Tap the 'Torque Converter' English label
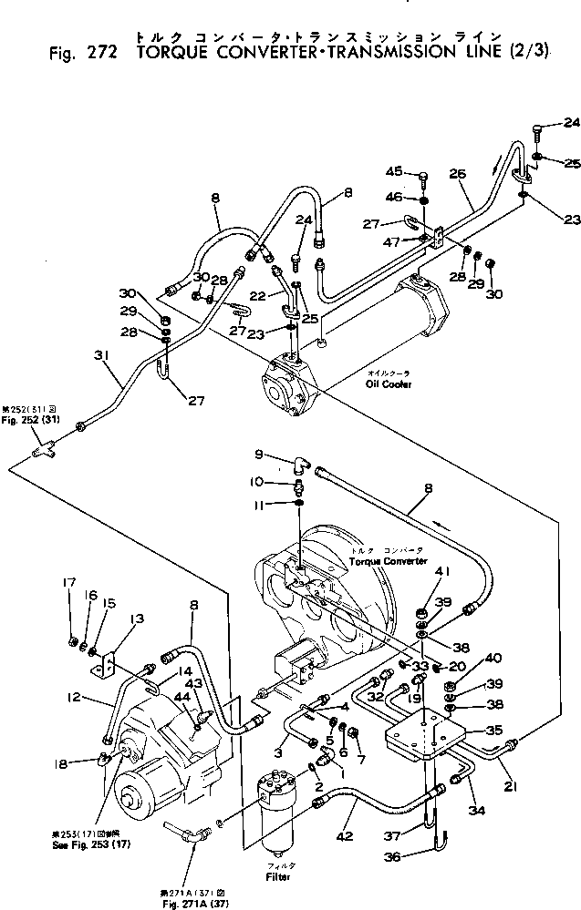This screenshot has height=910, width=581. click(388, 562)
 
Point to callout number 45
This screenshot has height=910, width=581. click(393, 171)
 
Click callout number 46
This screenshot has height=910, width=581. click(393, 197)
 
